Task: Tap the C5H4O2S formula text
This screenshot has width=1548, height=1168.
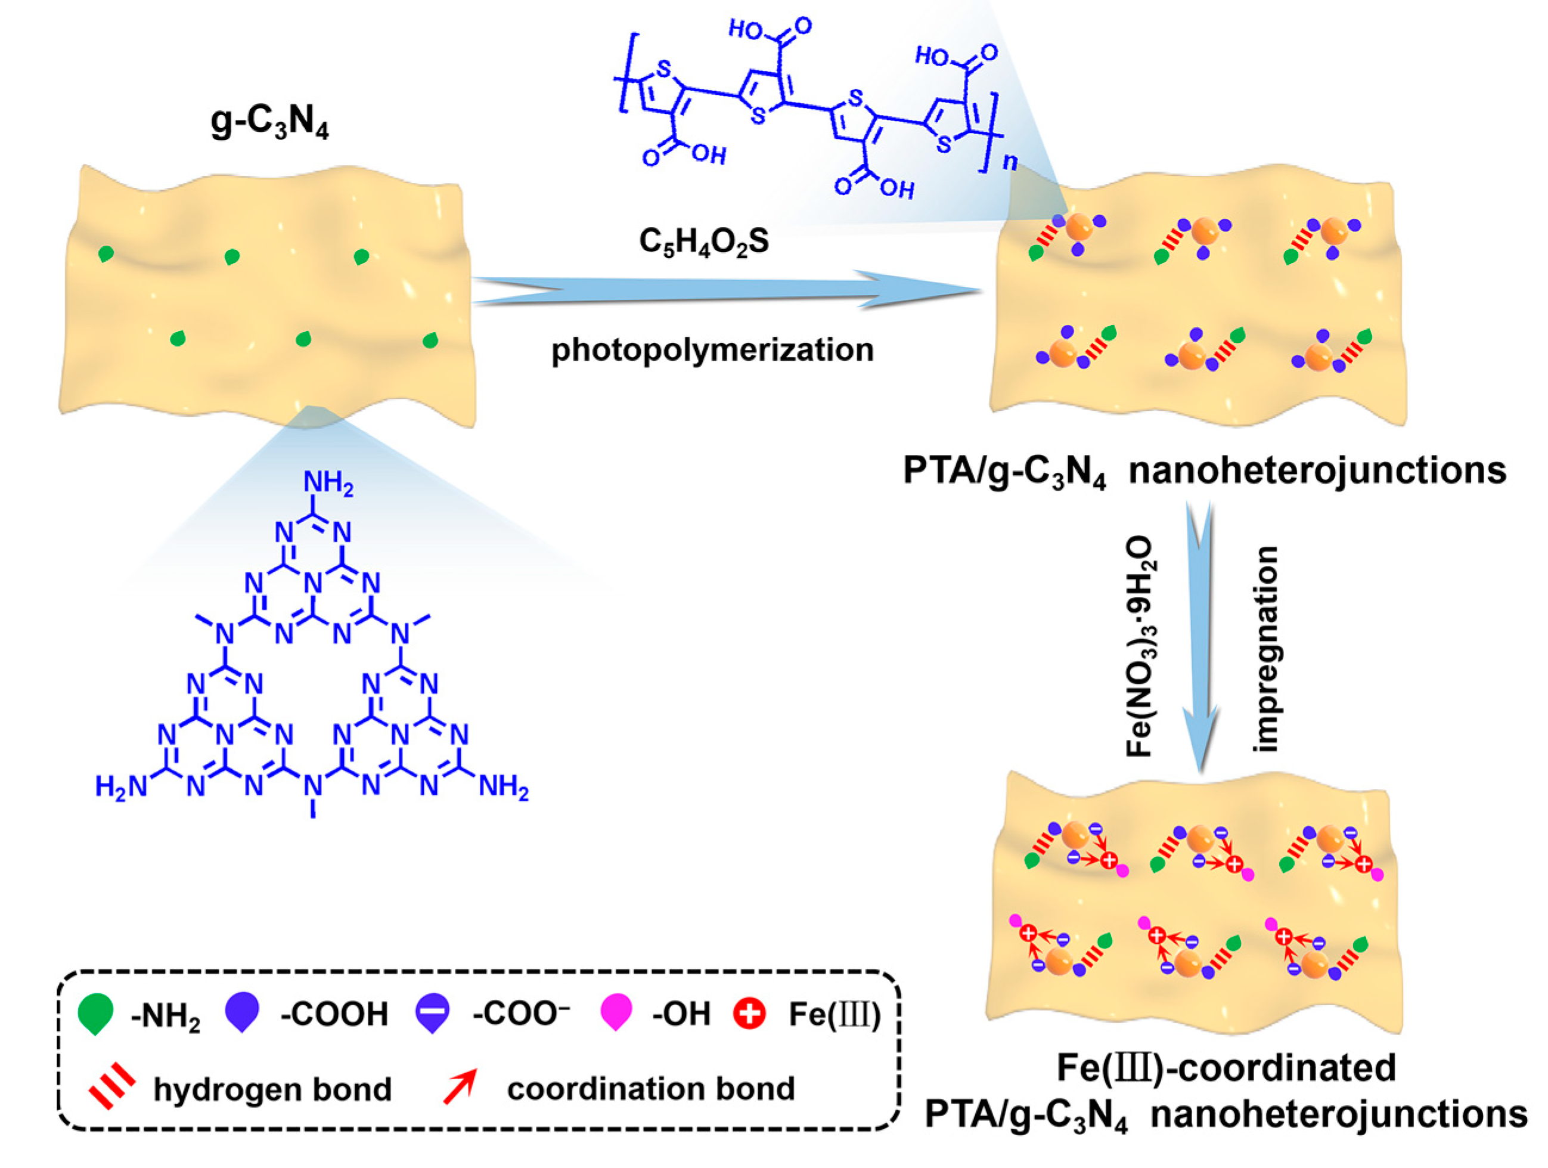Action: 703,242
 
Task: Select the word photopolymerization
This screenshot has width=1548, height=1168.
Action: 712,349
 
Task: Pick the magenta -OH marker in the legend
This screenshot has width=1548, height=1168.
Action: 616,1012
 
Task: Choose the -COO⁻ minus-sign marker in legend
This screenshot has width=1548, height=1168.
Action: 432,1012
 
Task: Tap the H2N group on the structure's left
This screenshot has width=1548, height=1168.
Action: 121,786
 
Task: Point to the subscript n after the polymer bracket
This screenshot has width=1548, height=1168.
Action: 1010,162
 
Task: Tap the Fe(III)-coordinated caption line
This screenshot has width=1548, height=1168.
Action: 1226,1067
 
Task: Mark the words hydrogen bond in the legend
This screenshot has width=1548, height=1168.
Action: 272,1089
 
